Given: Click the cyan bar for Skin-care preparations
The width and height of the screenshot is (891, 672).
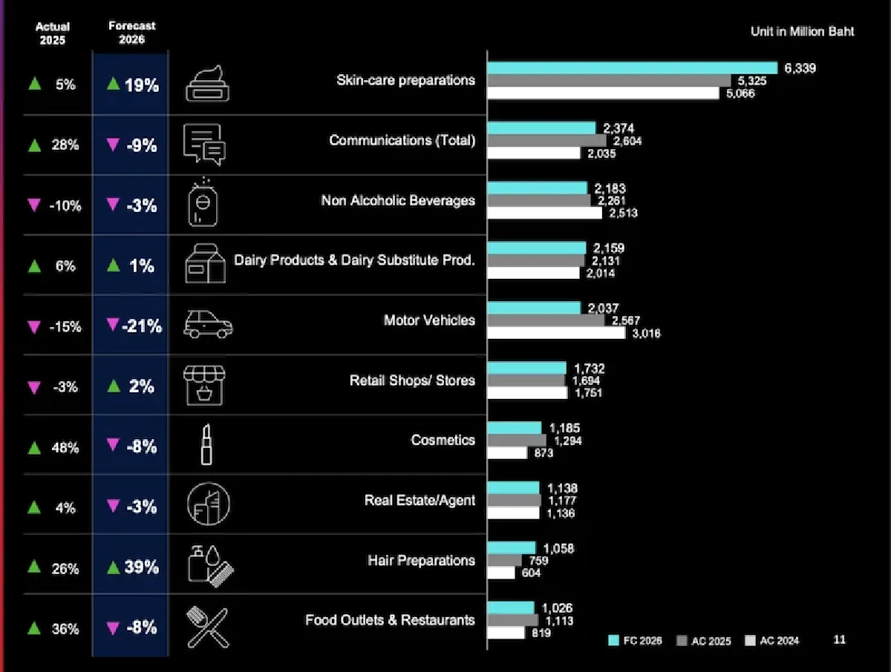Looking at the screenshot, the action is (x=633, y=67).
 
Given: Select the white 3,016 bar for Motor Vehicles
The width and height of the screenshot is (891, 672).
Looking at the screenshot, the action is (x=556, y=333).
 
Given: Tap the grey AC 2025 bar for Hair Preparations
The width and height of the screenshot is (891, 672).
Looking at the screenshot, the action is (x=505, y=560).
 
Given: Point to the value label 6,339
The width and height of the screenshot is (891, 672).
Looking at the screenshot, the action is (x=800, y=68).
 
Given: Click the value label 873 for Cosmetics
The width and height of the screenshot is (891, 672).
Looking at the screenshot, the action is (x=544, y=452).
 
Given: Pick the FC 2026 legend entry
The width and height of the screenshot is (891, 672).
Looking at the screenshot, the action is (x=636, y=640).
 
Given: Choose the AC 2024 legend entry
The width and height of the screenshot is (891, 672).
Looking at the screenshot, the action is (x=772, y=640).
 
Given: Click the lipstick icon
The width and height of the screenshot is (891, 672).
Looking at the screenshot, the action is (x=206, y=444).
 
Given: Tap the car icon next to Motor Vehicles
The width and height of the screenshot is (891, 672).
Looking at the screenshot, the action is (x=208, y=324).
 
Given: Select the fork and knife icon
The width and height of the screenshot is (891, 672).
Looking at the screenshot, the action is (x=208, y=627).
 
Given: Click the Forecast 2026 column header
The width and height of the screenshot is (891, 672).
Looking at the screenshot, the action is (x=132, y=33).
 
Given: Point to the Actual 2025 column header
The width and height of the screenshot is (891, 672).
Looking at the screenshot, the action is (x=53, y=33).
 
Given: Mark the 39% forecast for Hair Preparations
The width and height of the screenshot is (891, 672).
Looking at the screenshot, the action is (x=141, y=567).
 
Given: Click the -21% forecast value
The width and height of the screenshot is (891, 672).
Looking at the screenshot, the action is (x=142, y=326).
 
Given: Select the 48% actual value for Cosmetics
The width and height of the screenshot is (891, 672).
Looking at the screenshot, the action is (x=65, y=448).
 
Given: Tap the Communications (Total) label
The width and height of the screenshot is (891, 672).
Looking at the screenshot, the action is (x=402, y=140).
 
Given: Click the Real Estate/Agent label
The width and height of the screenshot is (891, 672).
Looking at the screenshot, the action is (x=420, y=500).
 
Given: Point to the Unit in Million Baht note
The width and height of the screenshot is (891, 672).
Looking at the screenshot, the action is (x=802, y=32).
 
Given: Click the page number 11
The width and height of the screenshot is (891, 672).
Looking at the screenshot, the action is (x=840, y=639).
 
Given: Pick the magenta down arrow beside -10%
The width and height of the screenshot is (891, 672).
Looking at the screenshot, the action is (x=34, y=205).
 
